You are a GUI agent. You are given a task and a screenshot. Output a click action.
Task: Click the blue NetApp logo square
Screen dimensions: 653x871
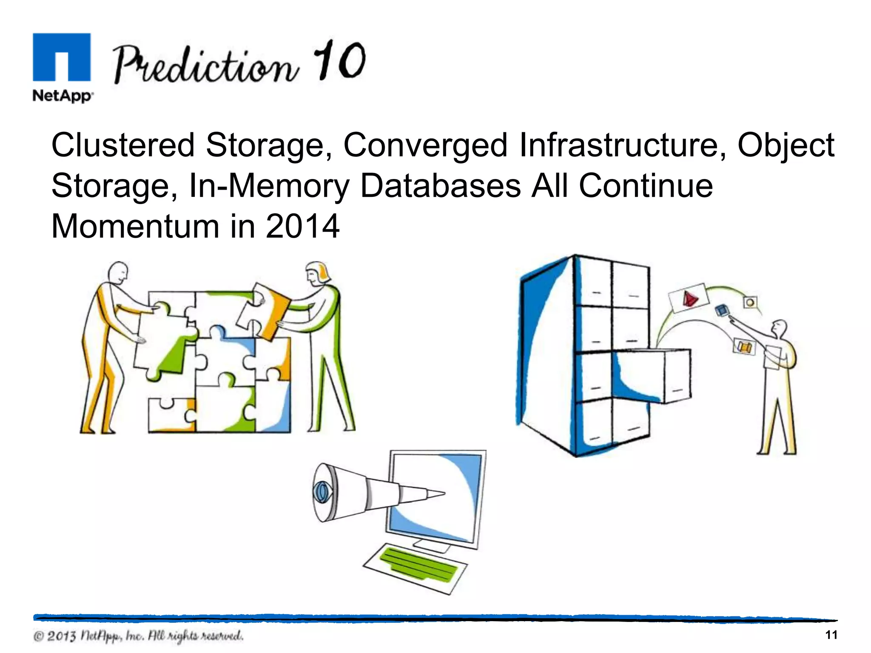pyautogui.click(x=62, y=57)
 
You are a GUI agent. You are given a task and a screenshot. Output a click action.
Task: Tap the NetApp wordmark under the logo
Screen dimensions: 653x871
pyautogui.click(x=63, y=96)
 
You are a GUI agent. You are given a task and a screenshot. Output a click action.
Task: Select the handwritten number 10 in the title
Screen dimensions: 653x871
pyautogui.click(x=339, y=60)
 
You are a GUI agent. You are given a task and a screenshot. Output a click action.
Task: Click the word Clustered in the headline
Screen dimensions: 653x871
pyautogui.click(x=123, y=145)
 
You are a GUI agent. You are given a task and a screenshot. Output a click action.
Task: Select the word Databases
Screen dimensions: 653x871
pyautogui.click(x=440, y=186)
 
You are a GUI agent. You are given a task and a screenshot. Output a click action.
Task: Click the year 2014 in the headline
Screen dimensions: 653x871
pyautogui.click(x=302, y=226)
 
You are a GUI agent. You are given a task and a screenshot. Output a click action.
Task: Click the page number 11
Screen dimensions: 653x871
pyautogui.click(x=831, y=635)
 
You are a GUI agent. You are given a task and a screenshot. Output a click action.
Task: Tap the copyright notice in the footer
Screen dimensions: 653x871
pyautogui.click(x=138, y=636)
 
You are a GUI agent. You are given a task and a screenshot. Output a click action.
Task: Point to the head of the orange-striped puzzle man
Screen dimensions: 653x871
pyautogui.click(x=117, y=272)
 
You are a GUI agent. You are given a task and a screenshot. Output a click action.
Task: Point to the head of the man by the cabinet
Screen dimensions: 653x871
pyautogui.click(x=780, y=328)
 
